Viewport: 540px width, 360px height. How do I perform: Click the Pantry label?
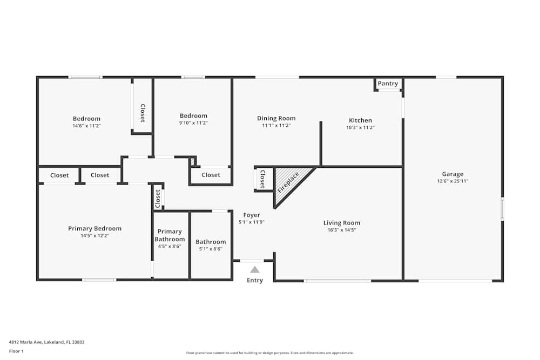tap(388, 84)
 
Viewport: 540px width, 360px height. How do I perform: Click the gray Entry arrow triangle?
tap(254, 269)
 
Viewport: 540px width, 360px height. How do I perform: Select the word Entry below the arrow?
tap(255, 280)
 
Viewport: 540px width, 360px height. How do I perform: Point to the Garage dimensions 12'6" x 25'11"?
tap(453, 181)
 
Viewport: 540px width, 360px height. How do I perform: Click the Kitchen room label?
tap(360, 120)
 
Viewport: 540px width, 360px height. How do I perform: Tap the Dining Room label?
tap(276, 118)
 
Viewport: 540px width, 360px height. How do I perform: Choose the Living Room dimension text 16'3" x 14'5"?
tap(342, 230)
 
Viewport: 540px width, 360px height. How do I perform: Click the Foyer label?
tap(252, 215)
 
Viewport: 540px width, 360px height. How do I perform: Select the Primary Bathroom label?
tap(170, 235)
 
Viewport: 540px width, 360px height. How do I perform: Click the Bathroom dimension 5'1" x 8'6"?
tap(211, 249)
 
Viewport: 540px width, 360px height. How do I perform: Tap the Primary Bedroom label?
tap(94, 228)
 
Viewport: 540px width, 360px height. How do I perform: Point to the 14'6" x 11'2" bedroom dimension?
tap(86, 126)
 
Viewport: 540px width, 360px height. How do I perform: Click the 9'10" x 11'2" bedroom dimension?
tap(193, 123)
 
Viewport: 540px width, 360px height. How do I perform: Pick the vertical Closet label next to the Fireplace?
tap(262, 179)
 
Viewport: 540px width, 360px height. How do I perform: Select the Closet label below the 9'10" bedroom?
tap(211, 175)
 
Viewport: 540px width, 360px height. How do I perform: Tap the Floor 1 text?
tap(16, 351)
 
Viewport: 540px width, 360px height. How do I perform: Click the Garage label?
tap(453, 174)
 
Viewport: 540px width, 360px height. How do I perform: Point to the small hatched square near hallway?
tap(193, 161)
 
